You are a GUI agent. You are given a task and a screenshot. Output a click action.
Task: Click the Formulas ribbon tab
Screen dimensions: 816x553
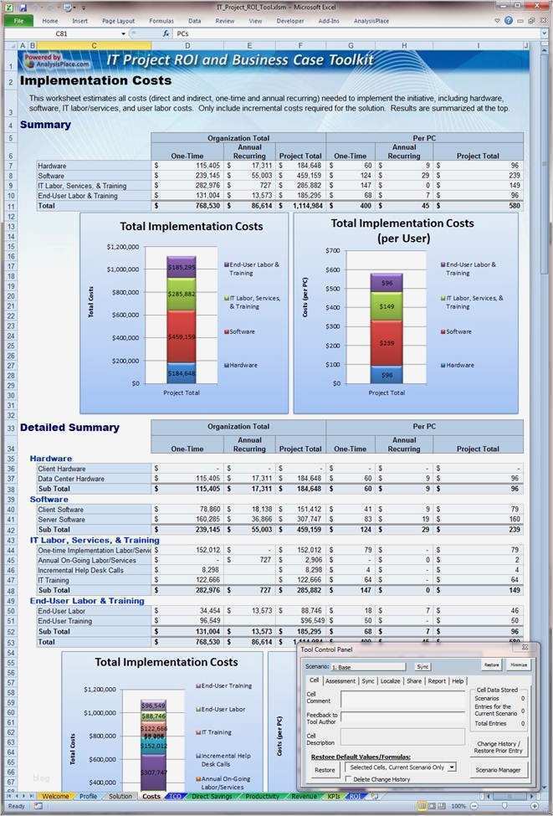tap(161, 20)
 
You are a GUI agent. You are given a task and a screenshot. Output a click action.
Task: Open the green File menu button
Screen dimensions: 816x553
tap(18, 20)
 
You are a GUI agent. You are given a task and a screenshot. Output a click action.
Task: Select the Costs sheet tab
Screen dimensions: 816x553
tap(151, 796)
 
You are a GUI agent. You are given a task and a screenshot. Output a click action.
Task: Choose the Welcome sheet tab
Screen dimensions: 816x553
tap(55, 796)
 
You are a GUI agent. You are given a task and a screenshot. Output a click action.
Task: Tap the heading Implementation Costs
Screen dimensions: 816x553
tap(95, 81)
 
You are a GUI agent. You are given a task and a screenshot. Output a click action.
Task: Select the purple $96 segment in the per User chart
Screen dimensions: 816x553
tap(387, 282)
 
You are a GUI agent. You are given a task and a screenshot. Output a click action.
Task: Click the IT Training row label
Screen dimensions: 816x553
tap(54, 580)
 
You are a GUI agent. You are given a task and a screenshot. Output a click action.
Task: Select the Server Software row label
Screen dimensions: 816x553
tap(61, 519)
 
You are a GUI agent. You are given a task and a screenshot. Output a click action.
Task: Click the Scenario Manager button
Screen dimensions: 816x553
tap(498, 770)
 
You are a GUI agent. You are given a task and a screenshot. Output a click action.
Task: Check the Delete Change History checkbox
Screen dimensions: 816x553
tap(347, 779)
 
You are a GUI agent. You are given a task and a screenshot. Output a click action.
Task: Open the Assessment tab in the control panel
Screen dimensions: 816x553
tap(341, 681)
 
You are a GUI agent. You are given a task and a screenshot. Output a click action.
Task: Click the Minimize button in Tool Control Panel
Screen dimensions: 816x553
tap(519, 666)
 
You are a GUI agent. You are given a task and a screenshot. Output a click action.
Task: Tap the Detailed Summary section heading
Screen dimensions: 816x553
tap(69, 428)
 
